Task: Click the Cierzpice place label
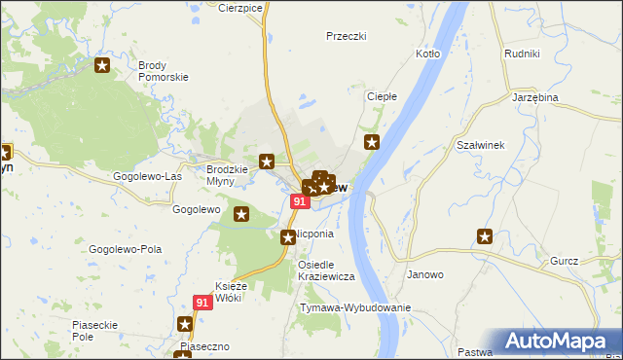[x=240, y=7]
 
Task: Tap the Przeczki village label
[x=346, y=35]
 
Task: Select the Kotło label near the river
[x=428, y=54]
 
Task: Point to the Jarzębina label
[x=533, y=98]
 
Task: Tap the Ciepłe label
[x=381, y=96]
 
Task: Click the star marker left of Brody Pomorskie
[x=102, y=66]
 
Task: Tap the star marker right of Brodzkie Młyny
[x=267, y=161]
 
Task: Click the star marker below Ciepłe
[x=372, y=143]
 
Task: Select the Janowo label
[x=425, y=274]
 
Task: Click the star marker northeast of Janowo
[x=485, y=235]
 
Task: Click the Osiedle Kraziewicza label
[x=327, y=270]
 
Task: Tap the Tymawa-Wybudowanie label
[x=355, y=307]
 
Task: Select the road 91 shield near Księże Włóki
[x=202, y=304]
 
